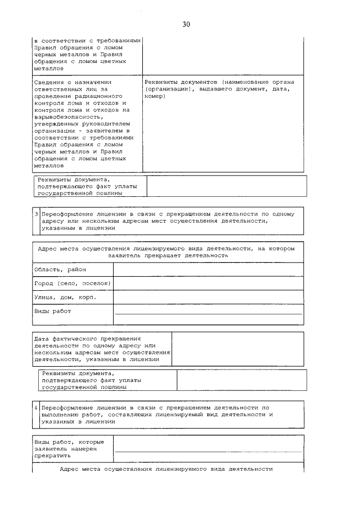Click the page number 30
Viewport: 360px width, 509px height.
click(x=187, y=24)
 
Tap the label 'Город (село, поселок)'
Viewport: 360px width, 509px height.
click(x=72, y=283)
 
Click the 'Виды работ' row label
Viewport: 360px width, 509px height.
click(x=52, y=310)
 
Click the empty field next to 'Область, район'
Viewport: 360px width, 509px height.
click(x=208, y=269)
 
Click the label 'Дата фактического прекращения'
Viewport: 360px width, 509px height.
click(x=87, y=338)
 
